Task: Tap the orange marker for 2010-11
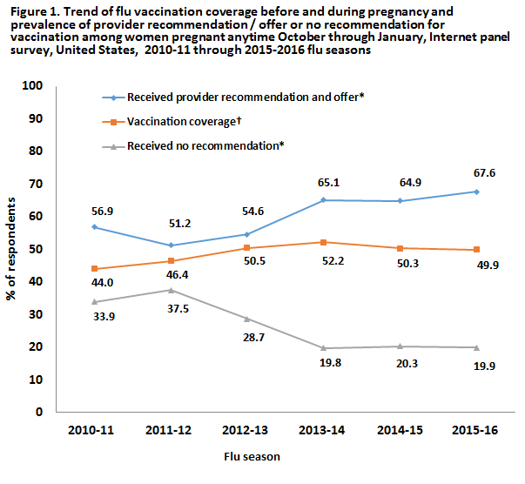coord(93,269)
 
